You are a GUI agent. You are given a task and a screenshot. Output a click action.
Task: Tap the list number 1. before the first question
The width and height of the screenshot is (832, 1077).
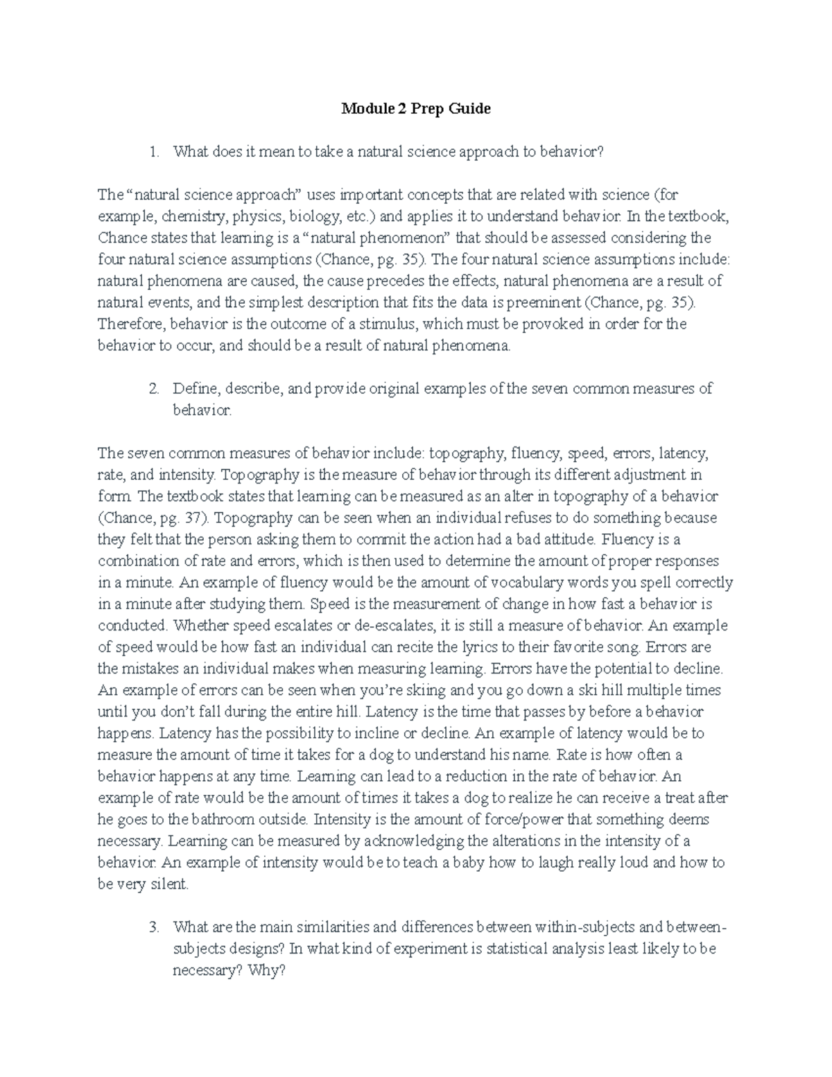(x=155, y=152)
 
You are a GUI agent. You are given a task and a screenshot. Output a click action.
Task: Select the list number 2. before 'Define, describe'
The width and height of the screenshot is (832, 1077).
(x=155, y=389)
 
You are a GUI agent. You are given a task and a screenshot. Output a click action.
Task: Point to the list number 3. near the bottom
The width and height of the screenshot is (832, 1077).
(x=155, y=927)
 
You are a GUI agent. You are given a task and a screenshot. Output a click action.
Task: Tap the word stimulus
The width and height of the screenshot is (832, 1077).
(x=389, y=325)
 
